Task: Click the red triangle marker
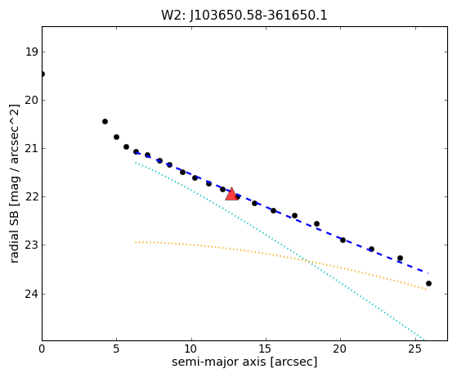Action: click(231, 194)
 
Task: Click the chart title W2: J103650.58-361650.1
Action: click(244, 16)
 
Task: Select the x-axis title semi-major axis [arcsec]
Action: click(244, 362)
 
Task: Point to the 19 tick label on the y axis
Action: click(32, 52)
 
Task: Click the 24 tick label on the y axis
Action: click(32, 294)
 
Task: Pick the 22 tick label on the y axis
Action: click(32, 197)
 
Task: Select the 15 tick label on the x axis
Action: click(266, 349)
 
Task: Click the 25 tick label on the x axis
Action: click(415, 349)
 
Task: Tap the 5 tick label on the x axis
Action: click(117, 349)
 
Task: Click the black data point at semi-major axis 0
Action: click(43, 74)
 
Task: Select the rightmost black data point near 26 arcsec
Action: click(428, 283)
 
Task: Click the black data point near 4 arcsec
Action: click(105, 121)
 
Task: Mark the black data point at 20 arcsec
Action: click(343, 240)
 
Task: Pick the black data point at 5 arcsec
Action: click(116, 137)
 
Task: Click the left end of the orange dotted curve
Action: click(136, 242)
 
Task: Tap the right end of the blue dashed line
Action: click(428, 273)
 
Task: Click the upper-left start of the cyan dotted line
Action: click(136, 163)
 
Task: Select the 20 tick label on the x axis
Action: click(340, 349)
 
